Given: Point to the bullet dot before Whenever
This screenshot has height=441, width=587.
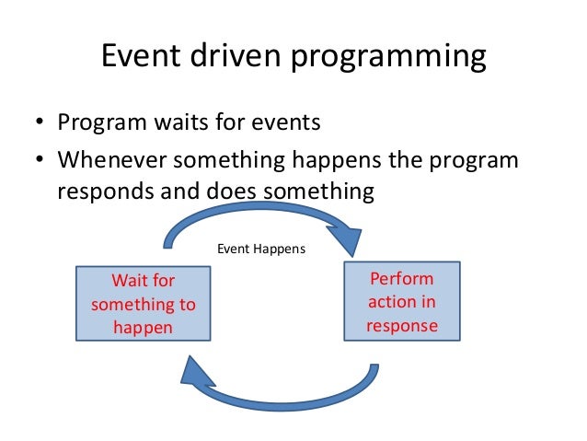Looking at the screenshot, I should coord(40,161).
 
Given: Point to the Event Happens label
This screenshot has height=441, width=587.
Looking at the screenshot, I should coord(260,249).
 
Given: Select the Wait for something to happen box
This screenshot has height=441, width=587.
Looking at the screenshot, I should coord(143,303).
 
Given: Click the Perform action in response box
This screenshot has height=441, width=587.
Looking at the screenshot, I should coord(402,302).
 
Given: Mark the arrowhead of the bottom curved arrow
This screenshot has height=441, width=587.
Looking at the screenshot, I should coord(196,372).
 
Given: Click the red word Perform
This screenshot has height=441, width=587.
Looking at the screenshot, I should coord(402,279).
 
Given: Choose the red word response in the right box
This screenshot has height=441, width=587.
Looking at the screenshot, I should coord(402,325).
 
